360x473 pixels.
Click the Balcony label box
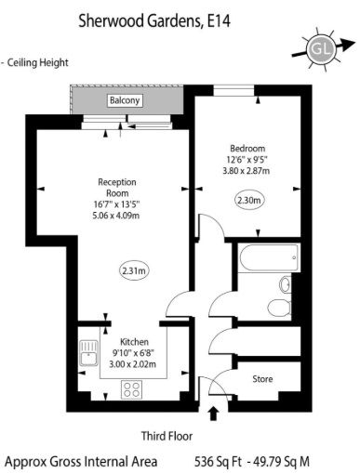(125, 100)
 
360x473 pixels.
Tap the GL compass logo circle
(320, 49)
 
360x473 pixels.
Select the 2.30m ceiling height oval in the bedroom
(249, 200)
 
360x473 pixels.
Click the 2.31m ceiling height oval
(134, 271)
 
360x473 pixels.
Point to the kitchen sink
(89, 353)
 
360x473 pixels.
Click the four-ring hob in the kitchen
(132, 389)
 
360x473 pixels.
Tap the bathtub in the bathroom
(269, 258)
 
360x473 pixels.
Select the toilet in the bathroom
(279, 308)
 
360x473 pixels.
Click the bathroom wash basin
(285, 284)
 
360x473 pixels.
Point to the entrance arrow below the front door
(213, 414)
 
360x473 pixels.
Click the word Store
(262, 379)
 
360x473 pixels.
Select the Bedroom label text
(247, 149)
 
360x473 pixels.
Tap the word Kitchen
(134, 342)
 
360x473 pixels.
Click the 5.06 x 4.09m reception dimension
(116, 216)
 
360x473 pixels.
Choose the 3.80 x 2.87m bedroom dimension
(247, 171)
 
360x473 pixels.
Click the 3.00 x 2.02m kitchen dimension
(132, 364)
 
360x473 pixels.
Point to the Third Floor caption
(167, 436)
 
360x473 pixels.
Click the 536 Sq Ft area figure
(218, 462)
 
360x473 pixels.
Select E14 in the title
(220, 21)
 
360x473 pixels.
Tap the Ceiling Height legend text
(37, 63)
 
